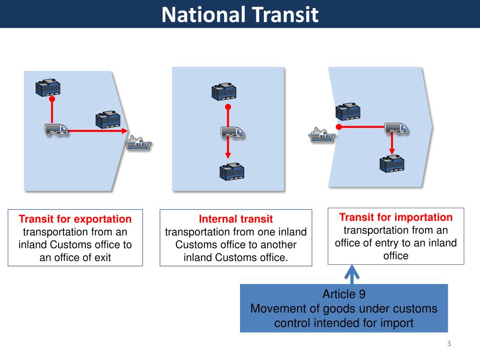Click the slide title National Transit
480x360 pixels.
(240, 15)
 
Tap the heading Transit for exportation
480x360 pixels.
(75, 219)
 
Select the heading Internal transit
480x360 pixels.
(236, 219)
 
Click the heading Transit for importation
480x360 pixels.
(396, 217)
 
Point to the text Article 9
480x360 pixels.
(344, 294)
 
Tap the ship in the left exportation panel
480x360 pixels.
(138, 142)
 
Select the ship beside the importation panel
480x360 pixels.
(322, 135)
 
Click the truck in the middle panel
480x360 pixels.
(232, 133)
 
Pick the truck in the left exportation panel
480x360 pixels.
(56, 130)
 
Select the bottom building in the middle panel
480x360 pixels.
(232, 172)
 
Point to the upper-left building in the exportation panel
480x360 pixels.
(48, 87)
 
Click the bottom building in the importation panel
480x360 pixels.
(391, 162)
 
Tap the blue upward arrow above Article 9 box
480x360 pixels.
(352, 274)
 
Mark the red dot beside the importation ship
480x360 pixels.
(338, 127)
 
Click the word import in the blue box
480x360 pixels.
(399, 323)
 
